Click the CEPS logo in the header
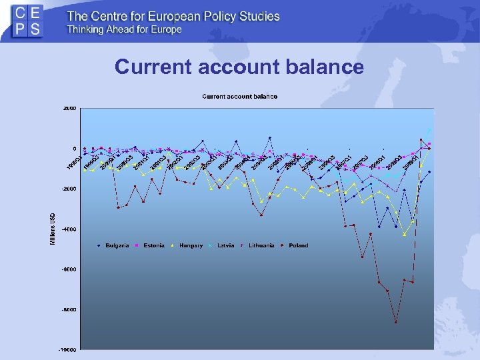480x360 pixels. pos(27,21)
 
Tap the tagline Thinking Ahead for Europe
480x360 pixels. pos(124,30)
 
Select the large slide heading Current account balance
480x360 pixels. pos(239,67)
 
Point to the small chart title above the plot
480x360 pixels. pos(239,97)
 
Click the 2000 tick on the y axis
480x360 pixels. pos(70,108)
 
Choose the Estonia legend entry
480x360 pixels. pos(151,245)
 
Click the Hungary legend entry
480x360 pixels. pos(189,245)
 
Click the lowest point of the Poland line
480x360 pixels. pos(395,323)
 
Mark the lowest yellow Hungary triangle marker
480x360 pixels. pos(404,235)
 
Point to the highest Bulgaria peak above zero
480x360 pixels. pos(270,138)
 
